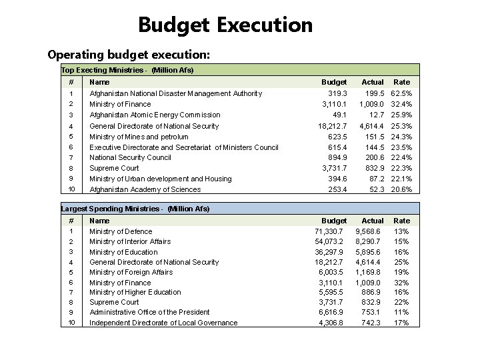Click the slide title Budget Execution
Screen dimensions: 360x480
(x=225, y=25)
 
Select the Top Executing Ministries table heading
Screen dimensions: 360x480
(x=127, y=69)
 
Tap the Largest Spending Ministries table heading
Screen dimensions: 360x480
(x=135, y=209)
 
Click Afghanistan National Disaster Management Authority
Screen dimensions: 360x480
(x=175, y=93)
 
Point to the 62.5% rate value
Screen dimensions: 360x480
(x=401, y=93)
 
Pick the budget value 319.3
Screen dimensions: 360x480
(x=334, y=93)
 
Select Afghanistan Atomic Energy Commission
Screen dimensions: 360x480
(x=155, y=115)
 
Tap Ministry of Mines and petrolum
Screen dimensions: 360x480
(x=139, y=137)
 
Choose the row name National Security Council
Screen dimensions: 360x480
(x=130, y=157)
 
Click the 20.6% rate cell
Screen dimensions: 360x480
(x=401, y=189)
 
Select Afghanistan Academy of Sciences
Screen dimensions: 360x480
(x=145, y=189)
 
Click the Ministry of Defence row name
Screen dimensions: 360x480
(x=121, y=231)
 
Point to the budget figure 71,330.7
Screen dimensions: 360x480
(x=329, y=231)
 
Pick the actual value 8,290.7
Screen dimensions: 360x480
(x=369, y=241)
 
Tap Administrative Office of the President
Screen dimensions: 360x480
(x=149, y=312)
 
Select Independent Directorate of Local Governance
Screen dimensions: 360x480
(x=163, y=323)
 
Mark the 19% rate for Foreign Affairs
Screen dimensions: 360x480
(x=402, y=272)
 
